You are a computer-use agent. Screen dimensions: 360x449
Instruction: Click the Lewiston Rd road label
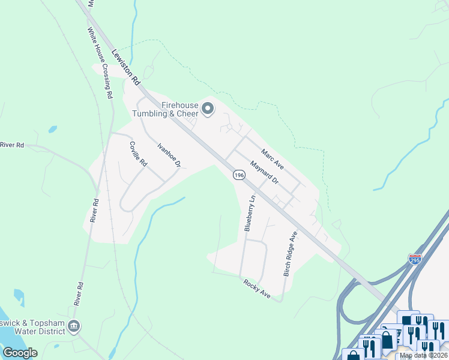click(x=125, y=66)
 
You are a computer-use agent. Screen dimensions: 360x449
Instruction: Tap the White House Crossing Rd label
click(x=100, y=62)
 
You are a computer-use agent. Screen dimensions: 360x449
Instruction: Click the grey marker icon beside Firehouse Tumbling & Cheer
click(x=208, y=109)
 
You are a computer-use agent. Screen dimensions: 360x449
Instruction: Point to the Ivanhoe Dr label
click(x=169, y=155)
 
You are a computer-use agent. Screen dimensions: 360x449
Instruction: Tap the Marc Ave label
click(x=271, y=158)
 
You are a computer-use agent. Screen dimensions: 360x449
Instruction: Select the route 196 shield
click(x=239, y=175)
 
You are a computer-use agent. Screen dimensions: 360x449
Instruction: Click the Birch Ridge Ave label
click(x=290, y=253)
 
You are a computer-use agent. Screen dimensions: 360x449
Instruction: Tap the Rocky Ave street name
click(x=256, y=289)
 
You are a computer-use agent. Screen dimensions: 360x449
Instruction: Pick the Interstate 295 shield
click(x=415, y=259)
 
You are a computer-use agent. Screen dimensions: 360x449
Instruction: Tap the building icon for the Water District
click(x=73, y=326)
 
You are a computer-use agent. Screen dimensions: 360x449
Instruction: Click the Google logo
click(x=20, y=353)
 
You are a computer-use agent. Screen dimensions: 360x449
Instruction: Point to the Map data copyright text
click(x=424, y=356)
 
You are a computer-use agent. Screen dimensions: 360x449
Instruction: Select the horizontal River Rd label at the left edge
click(x=12, y=145)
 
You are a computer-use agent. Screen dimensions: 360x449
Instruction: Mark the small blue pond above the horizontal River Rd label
click(x=53, y=129)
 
